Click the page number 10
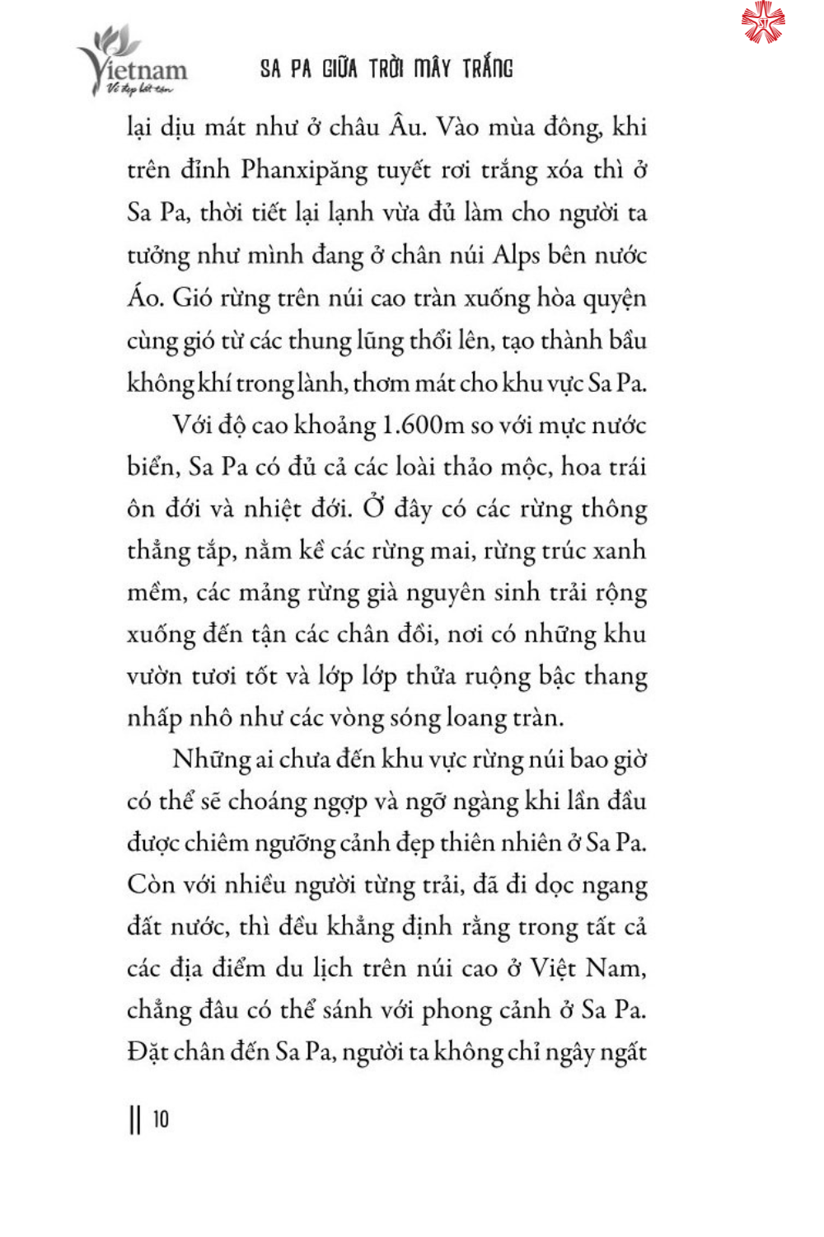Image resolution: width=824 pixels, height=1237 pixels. coord(161,1119)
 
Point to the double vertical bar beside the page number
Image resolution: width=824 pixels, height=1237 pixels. coord(135,1120)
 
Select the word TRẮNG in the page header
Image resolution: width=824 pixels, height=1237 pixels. coord(487,68)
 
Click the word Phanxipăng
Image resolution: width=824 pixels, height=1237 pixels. coord(304,170)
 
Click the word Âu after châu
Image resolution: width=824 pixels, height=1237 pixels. coord(405,126)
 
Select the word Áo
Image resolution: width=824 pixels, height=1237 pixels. coord(144,297)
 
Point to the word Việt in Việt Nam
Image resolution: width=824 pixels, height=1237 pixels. coord(553,967)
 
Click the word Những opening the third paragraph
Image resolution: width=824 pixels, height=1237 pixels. coord(211,759)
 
